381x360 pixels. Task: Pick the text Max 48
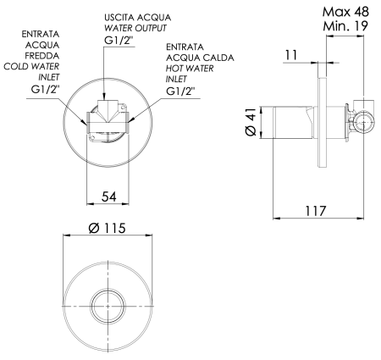tap(341, 12)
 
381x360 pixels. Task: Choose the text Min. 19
tap(341, 28)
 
